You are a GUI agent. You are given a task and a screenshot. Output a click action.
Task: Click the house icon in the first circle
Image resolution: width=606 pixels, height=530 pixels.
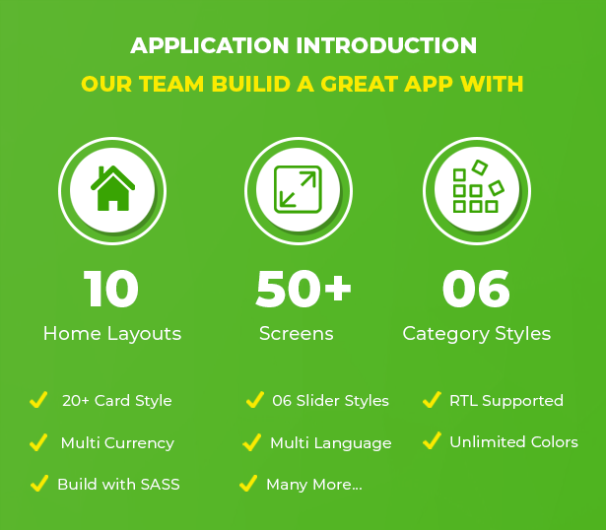click(x=112, y=188)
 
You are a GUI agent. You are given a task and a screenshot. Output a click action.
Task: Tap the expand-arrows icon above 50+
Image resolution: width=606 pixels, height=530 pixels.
click(x=298, y=189)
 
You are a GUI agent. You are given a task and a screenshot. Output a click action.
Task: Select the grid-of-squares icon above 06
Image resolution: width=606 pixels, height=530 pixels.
click(x=479, y=186)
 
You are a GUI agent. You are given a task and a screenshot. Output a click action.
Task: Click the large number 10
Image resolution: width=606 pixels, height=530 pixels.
click(x=111, y=289)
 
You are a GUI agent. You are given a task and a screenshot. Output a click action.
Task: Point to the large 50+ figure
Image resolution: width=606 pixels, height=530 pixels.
click(x=303, y=289)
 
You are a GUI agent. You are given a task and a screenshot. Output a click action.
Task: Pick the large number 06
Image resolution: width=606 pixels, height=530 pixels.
click(x=476, y=289)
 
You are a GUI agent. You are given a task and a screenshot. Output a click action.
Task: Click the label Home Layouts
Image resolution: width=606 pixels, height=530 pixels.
click(x=112, y=333)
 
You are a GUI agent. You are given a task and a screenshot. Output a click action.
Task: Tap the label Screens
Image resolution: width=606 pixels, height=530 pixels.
click(x=297, y=333)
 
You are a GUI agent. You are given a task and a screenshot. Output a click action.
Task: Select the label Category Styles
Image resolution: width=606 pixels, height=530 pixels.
click(x=477, y=334)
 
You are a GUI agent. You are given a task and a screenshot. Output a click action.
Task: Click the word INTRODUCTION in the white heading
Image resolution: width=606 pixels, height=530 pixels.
click(x=386, y=45)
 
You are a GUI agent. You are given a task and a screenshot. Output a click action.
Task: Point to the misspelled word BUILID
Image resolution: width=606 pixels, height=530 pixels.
click(x=251, y=84)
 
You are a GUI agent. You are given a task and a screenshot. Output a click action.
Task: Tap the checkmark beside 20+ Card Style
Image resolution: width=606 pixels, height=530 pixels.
click(x=38, y=399)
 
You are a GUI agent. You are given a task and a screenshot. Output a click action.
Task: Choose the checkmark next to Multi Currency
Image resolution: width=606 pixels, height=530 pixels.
click(x=38, y=442)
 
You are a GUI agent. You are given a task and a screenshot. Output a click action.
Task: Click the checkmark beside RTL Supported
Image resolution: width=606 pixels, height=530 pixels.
click(x=433, y=399)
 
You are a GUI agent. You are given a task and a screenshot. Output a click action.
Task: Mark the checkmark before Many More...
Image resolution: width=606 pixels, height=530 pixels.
click(x=248, y=484)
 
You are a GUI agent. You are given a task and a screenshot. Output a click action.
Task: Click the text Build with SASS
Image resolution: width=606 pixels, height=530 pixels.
click(x=118, y=484)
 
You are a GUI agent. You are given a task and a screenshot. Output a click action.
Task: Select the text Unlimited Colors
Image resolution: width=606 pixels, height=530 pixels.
click(x=514, y=442)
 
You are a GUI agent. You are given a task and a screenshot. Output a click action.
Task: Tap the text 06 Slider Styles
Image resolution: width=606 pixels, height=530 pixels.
click(x=330, y=401)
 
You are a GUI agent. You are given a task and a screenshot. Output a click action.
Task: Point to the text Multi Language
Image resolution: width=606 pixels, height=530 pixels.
click(x=331, y=443)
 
